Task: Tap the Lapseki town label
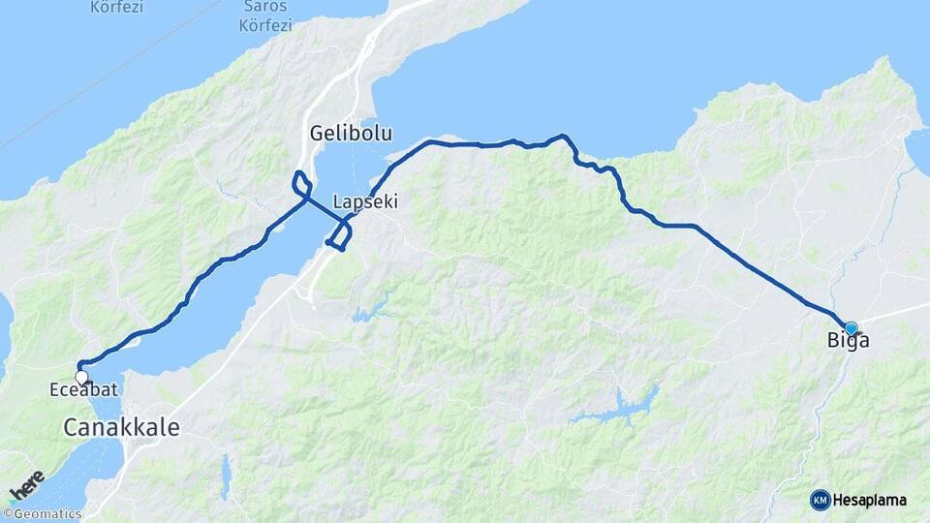tap(365, 202)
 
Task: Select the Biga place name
tap(848, 341)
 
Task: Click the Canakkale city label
tap(122, 427)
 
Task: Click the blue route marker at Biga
tap(851, 328)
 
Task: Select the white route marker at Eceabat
tap(82, 377)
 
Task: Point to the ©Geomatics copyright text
tap(43, 514)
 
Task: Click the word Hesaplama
tap(871, 501)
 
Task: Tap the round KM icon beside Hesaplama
tap(820, 500)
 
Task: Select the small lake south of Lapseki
tap(369, 312)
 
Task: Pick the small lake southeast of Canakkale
tap(226, 476)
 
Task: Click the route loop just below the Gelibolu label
tap(302, 183)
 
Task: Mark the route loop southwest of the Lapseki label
tap(340, 235)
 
